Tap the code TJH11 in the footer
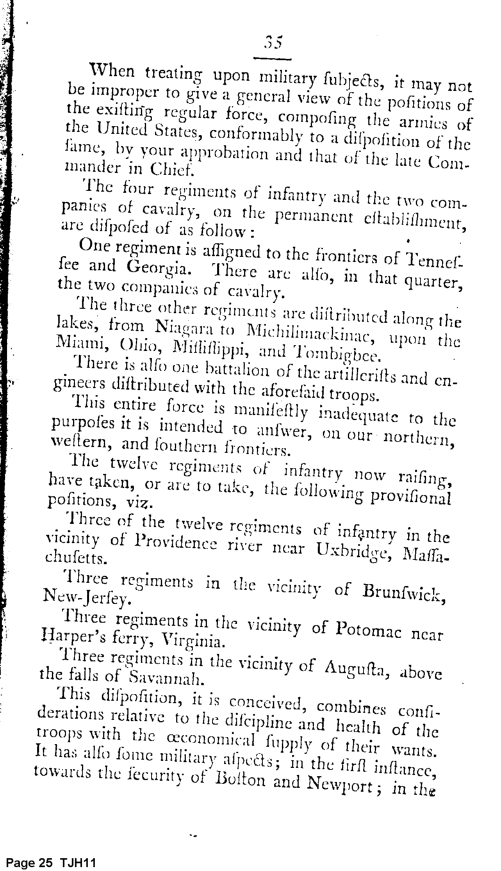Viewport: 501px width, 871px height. [x=78, y=862]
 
